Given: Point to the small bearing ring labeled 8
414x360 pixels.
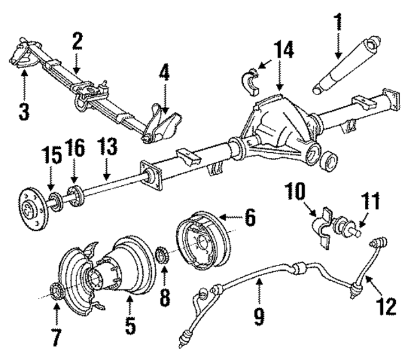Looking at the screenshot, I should click(x=164, y=253).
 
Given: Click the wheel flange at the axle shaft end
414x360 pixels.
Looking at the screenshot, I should click(x=30, y=206).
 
